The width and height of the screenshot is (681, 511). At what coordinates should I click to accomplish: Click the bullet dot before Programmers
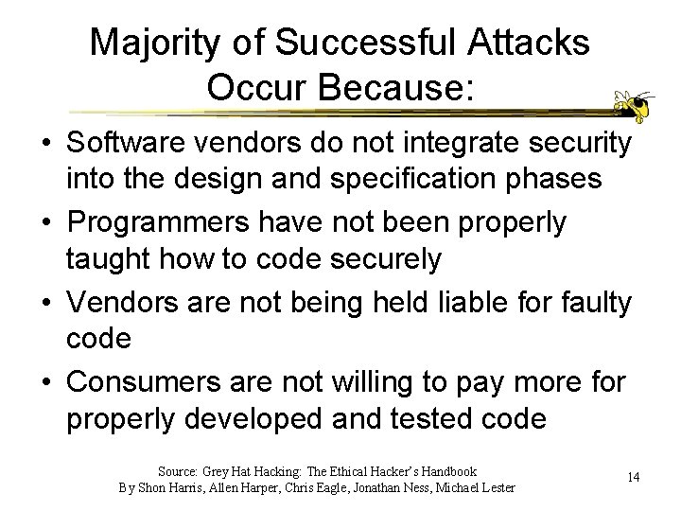coord(45,224)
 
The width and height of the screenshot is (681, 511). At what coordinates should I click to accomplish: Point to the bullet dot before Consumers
coord(45,383)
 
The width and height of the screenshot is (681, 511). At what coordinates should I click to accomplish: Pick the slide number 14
coord(633,478)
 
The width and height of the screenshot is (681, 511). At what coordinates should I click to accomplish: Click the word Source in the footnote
coord(177,471)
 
